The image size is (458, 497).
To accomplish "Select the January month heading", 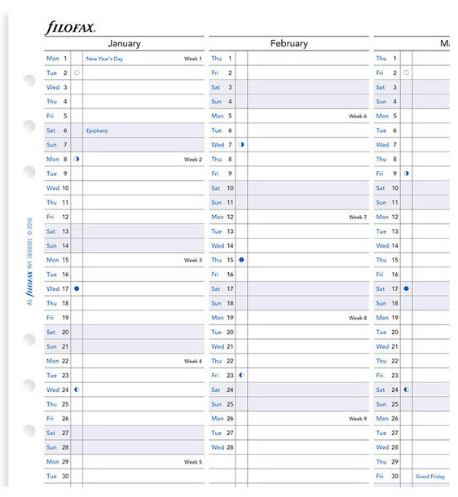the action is tap(124, 44).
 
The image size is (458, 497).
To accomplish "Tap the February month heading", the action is tap(288, 44).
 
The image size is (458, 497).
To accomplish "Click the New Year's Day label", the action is tap(103, 59).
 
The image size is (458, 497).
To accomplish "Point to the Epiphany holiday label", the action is tap(97, 130).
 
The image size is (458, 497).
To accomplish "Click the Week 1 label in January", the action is tap(192, 59).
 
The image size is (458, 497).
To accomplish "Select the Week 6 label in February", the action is tap(358, 117).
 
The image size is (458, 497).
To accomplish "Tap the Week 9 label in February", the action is tap(358, 419).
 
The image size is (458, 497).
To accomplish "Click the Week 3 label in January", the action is tap(192, 260).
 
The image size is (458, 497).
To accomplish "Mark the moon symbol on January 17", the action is tap(77, 288).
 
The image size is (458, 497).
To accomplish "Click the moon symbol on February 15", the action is tap(241, 260).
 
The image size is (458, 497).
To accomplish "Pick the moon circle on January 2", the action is tap(77, 73).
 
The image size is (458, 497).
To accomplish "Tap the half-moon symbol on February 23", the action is tap(241, 375).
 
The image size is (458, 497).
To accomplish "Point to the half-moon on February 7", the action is tap(241, 145).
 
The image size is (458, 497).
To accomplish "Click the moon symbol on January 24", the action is tap(77, 389).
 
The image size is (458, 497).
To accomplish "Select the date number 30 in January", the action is tap(65, 476).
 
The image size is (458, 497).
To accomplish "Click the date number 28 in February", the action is tap(230, 447).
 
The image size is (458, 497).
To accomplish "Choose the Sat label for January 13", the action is tap(51, 231).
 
